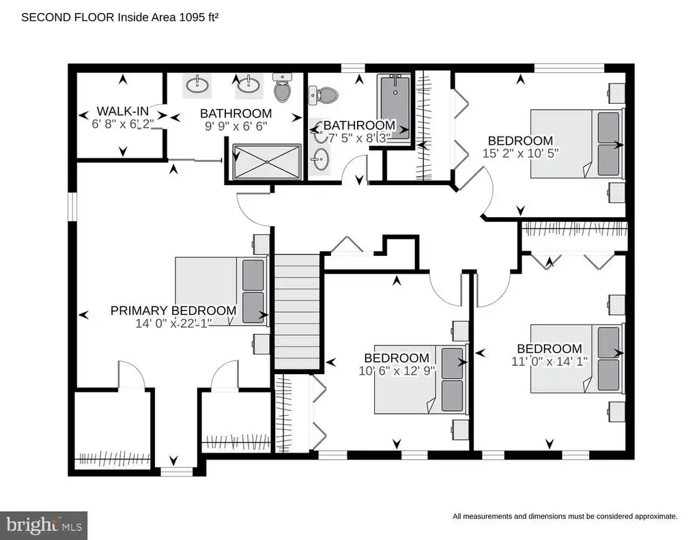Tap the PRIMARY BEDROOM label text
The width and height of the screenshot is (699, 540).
click(x=173, y=311)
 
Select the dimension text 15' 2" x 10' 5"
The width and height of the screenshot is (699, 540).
click(x=520, y=153)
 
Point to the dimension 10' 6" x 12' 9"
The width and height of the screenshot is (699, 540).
click(x=397, y=371)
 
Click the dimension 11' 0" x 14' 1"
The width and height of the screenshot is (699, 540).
click(x=550, y=360)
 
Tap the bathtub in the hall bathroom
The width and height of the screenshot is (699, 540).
click(x=394, y=107)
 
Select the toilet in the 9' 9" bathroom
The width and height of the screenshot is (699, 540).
click(x=282, y=87)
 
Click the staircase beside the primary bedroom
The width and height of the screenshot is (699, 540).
click(x=297, y=312)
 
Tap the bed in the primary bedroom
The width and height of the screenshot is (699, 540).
click(x=222, y=292)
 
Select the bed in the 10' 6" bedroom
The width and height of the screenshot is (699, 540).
click(x=420, y=379)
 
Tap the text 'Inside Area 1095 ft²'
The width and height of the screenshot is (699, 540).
click(x=168, y=17)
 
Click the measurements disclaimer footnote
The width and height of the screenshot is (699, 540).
click(x=565, y=516)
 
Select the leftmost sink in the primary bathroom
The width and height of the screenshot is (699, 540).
click(x=197, y=84)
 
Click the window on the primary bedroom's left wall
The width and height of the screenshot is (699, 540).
click(x=72, y=207)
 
